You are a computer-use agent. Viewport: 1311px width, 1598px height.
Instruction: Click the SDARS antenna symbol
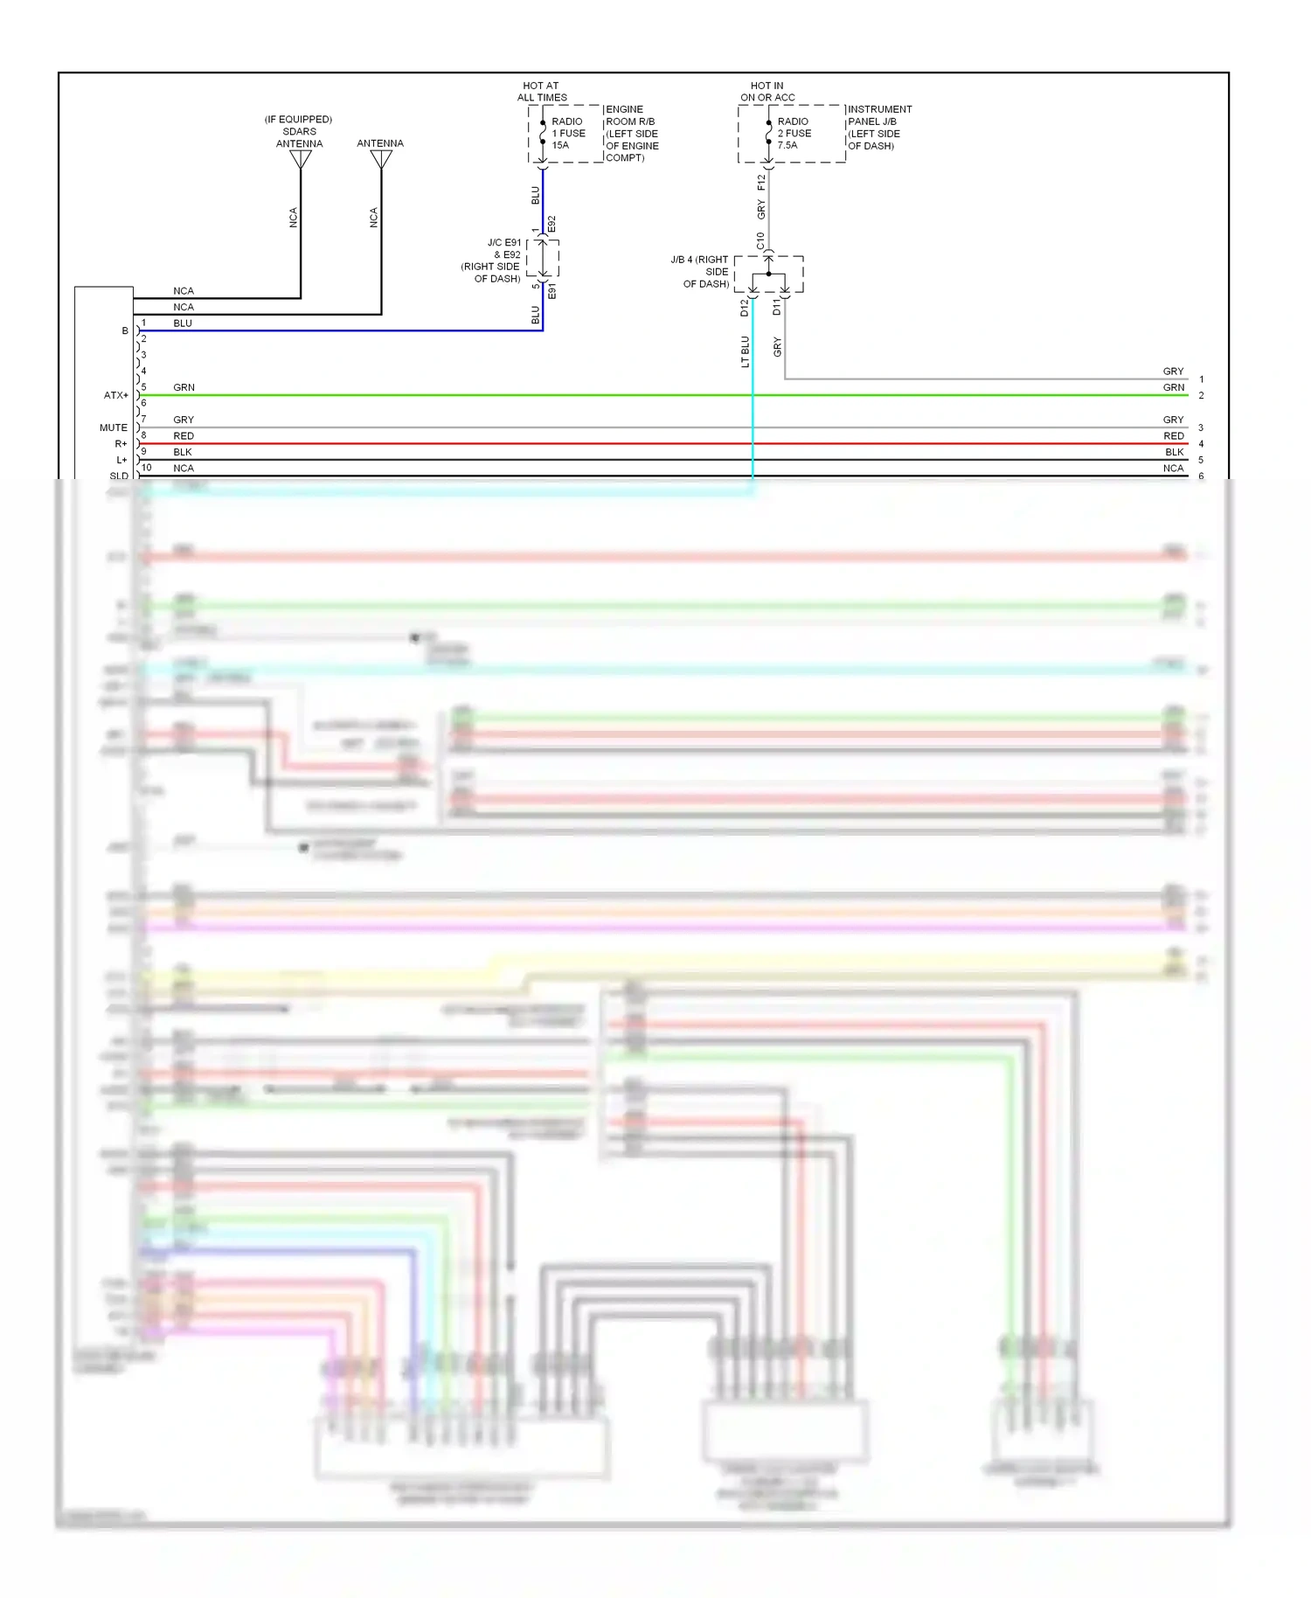[301, 159]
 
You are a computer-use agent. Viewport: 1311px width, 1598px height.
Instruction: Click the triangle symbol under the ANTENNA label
[381, 159]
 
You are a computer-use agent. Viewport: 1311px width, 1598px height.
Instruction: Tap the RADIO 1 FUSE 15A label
[568, 134]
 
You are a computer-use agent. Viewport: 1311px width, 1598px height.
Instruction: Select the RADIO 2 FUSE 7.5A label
[794, 134]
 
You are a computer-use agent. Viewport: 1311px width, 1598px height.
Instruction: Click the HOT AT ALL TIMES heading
[542, 92]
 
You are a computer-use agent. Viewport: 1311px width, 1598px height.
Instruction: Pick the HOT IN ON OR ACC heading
[767, 92]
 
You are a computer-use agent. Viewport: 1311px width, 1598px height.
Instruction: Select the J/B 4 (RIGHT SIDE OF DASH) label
[701, 272]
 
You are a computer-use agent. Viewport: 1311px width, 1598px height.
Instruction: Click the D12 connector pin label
[745, 308]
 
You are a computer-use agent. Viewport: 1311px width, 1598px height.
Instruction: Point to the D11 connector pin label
[776, 307]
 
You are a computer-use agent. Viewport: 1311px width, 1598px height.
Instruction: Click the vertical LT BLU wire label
[746, 351]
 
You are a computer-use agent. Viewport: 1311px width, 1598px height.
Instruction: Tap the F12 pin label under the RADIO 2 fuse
[761, 182]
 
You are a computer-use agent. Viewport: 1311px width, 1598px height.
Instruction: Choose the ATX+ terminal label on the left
[115, 396]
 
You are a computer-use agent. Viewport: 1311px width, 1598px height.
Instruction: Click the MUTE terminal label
[114, 428]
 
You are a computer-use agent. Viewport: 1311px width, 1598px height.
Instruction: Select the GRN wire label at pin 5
[184, 387]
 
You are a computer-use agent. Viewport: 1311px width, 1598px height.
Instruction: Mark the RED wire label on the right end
[1173, 436]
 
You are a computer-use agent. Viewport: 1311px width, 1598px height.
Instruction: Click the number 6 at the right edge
[1201, 476]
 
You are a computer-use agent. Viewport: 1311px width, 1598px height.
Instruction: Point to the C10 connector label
[760, 240]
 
